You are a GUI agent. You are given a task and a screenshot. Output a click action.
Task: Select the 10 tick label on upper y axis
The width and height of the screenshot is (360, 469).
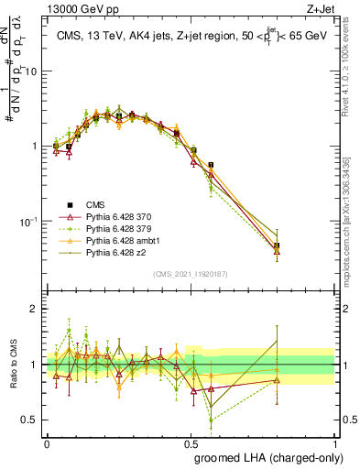pos(34,71)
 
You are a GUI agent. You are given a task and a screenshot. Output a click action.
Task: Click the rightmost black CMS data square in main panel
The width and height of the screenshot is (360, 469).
pos(277,245)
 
